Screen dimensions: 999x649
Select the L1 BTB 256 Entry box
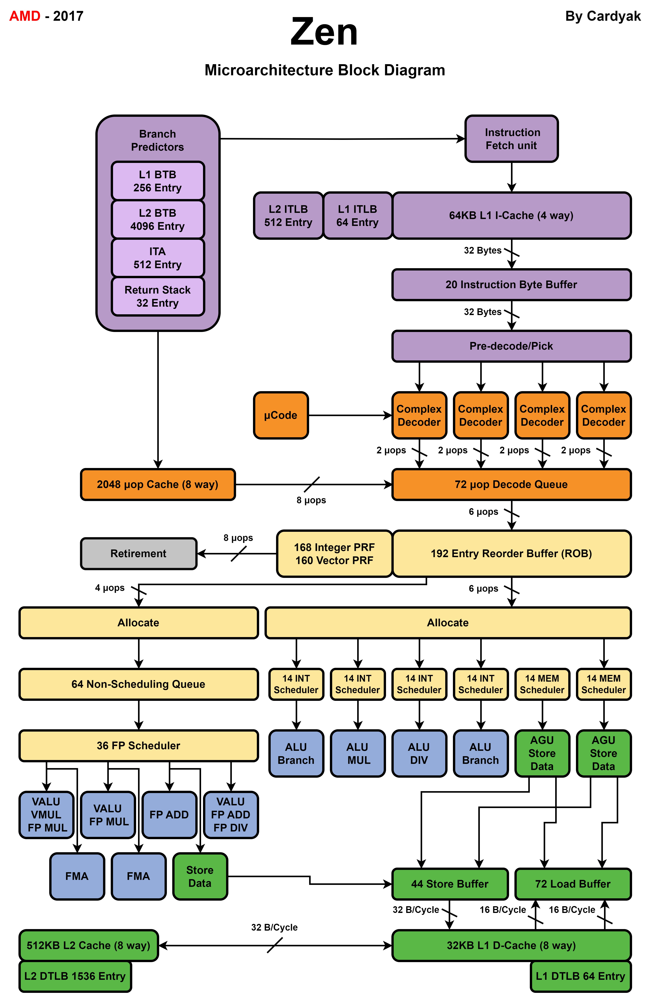[x=157, y=181]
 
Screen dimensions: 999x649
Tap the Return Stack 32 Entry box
[x=157, y=296]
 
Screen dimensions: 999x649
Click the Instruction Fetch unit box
[x=511, y=139]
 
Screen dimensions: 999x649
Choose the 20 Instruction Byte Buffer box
[x=511, y=285]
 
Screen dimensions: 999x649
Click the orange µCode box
[x=281, y=415]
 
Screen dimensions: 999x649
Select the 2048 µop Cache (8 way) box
[x=157, y=484]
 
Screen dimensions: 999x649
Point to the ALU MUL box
[x=358, y=753]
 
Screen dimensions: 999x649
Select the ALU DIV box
[x=419, y=753]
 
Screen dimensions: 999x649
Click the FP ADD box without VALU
[x=169, y=815]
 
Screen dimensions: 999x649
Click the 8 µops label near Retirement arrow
[x=238, y=538]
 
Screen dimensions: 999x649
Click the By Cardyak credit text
[x=603, y=16]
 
